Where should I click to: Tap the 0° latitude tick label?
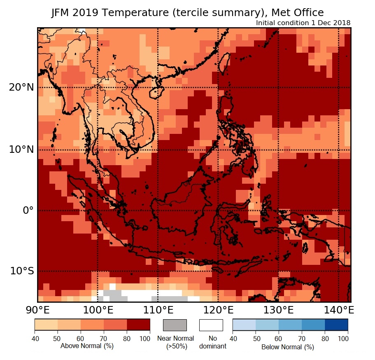[x=28, y=210]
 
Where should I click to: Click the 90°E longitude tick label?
[x=37, y=309]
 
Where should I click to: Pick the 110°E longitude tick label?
[x=158, y=309]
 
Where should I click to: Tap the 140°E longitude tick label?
[x=338, y=309]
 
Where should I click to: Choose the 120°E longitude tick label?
[x=218, y=309]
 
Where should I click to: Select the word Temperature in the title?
[x=129, y=13]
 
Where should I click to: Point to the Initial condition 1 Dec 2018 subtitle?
[x=303, y=23]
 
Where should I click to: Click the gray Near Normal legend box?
[x=175, y=325]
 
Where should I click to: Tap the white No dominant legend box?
[x=211, y=325]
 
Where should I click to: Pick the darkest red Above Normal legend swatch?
[x=138, y=325]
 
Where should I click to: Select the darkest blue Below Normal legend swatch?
[x=336, y=325]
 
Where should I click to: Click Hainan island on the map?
[x=154, y=92]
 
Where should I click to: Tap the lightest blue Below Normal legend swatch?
[x=245, y=325]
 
